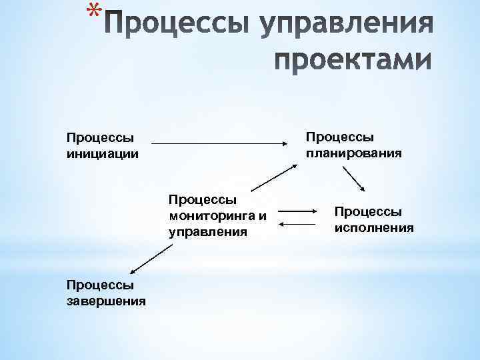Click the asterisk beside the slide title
(x=95, y=10)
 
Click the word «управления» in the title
(x=347, y=25)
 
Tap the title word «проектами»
(x=353, y=61)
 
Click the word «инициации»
(x=103, y=153)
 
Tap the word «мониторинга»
(x=212, y=215)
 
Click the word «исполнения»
(x=374, y=227)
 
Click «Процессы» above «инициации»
(x=100, y=137)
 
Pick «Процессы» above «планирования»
(x=339, y=137)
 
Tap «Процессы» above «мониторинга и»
(x=203, y=199)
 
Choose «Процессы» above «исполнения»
(x=368, y=211)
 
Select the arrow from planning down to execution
(x=353, y=179)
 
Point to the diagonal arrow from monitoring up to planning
(x=273, y=178)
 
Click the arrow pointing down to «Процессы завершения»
(x=151, y=258)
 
